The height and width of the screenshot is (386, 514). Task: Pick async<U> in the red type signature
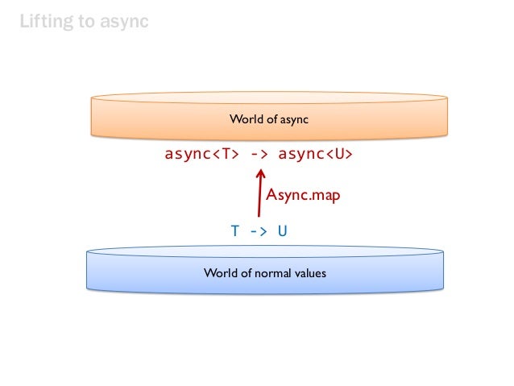click(x=315, y=155)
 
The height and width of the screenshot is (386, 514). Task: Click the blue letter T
click(x=235, y=231)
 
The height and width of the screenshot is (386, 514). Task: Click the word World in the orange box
click(x=244, y=119)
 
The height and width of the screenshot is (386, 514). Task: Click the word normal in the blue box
click(x=269, y=273)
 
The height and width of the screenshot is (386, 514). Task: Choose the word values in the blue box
click(x=310, y=273)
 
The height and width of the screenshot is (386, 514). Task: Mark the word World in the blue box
click(x=219, y=273)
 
